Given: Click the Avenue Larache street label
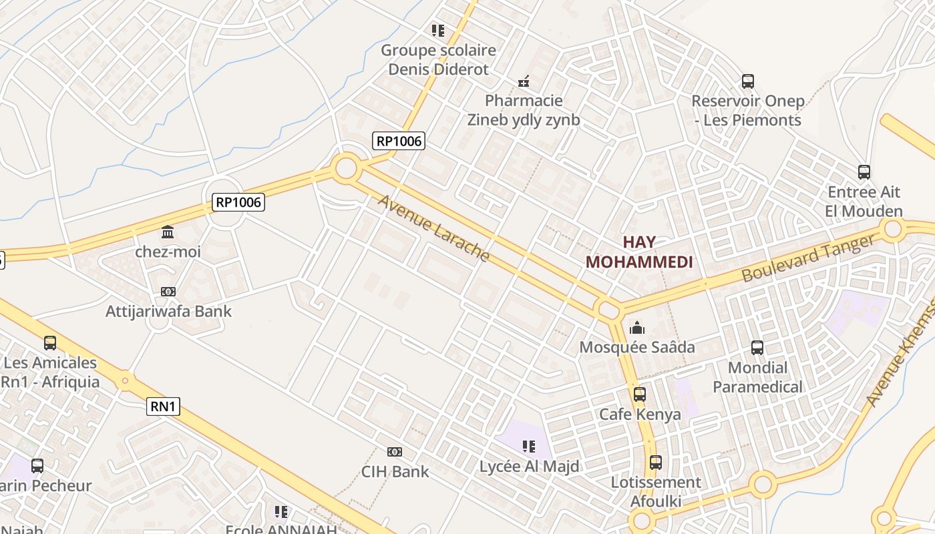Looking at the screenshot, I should click(x=435, y=228).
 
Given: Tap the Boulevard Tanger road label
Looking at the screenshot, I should click(x=807, y=258).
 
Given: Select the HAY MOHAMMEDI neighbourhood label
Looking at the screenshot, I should click(x=639, y=252).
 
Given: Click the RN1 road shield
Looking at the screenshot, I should click(x=164, y=407).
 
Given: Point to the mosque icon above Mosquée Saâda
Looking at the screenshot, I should click(x=637, y=328).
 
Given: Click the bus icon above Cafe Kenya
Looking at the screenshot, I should click(x=640, y=394).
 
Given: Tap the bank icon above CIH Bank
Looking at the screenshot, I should click(x=395, y=452).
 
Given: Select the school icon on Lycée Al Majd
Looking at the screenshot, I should click(x=529, y=447).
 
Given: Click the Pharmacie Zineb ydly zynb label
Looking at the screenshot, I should click(x=524, y=111).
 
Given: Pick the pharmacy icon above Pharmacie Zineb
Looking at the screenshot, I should click(x=524, y=81).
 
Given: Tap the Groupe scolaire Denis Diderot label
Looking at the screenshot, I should click(x=438, y=59).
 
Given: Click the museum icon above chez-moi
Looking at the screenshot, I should click(x=168, y=232).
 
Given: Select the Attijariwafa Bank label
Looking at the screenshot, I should click(x=169, y=311).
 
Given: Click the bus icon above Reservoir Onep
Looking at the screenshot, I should click(x=748, y=81).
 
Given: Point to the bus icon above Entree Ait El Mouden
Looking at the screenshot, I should click(x=864, y=172).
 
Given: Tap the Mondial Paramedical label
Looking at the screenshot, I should click(x=757, y=377).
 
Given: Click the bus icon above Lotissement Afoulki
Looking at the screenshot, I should click(x=656, y=463).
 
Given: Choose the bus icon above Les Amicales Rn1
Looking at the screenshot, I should click(x=50, y=343).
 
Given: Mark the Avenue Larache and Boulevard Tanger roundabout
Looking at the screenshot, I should click(x=608, y=310).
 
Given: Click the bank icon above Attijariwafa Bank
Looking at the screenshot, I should click(x=168, y=292).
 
